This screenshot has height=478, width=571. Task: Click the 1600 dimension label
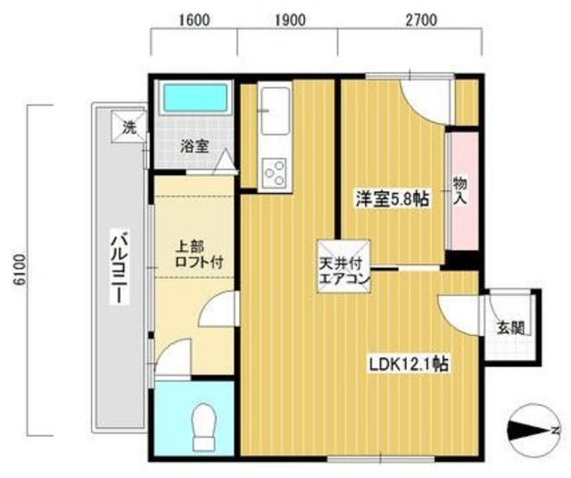pos(194,21)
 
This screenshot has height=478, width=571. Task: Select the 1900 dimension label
pos(290,21)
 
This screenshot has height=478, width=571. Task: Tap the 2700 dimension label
pos(421,21)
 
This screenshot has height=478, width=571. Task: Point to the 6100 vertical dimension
pos(20,270)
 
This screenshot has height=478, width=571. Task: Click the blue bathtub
pos(194,97)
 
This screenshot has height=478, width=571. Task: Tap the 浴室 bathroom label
pos(194,147)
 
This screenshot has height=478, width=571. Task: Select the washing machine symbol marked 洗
pos(128,127)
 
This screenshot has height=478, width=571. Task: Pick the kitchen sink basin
pos(276,111)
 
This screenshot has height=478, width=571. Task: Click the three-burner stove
pos(275,173)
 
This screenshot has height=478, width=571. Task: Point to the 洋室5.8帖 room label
pos(393,198)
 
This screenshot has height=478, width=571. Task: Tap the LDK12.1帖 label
pos(410,364)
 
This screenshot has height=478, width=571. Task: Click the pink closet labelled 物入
pos(464,191)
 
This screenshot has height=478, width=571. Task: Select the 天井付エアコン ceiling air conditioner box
pos(343,266)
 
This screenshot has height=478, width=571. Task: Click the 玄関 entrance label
pos(511,328)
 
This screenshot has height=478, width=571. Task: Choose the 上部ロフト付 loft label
pos(199,255)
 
